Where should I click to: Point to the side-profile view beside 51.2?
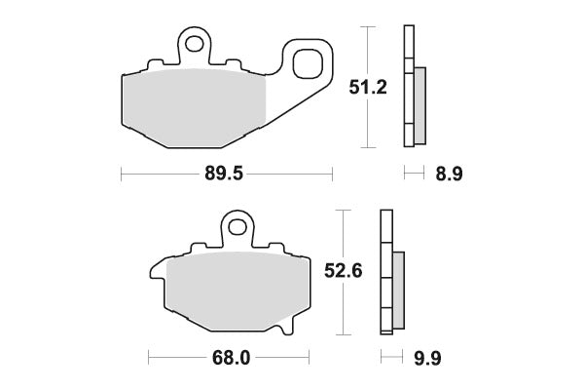pyautogui.click(x=412, y=88)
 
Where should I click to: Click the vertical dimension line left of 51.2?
pyautogui.click(x=365, y=88)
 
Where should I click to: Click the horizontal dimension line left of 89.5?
pyautogui.click(x=156, y=175)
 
